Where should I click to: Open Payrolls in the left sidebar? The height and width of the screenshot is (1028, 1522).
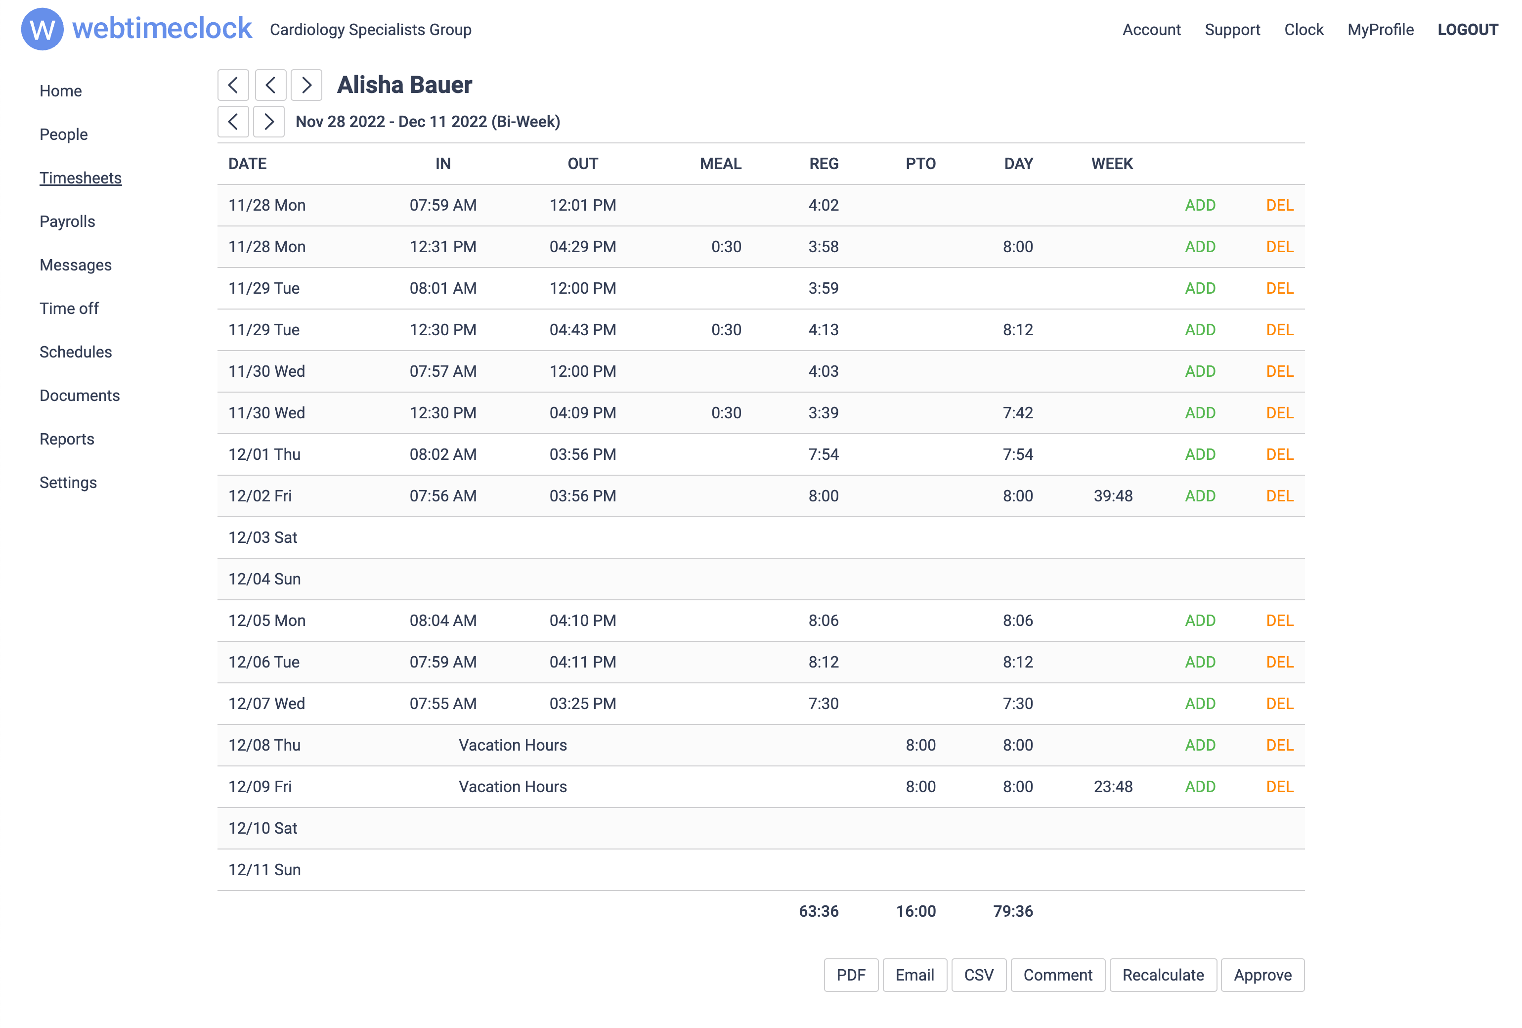pos(67,222)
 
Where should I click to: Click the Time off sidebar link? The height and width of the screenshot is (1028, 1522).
pos(69,308)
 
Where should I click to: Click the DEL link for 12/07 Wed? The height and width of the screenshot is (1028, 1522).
pos(1278,703)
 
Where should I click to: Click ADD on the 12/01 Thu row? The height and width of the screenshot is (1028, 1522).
pos(1199,454)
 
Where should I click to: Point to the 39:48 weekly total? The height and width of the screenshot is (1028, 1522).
pos(1112,495)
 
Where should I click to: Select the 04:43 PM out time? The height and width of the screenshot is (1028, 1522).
pos(582,329)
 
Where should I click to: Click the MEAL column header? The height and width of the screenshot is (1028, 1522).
pos(720,164)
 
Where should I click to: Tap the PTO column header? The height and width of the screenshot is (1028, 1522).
pos(919,164)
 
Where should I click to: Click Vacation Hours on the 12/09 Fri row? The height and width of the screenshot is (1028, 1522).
pos(512,786)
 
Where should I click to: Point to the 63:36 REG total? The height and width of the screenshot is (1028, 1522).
pos(818,911)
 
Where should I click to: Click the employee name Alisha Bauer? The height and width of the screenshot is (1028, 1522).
pos(404,85)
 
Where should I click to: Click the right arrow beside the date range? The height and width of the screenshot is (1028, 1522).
pos(268,121)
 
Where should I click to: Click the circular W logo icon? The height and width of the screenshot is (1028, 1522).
pos(43,30)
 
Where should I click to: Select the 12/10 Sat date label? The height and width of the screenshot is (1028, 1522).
pos(262,828)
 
